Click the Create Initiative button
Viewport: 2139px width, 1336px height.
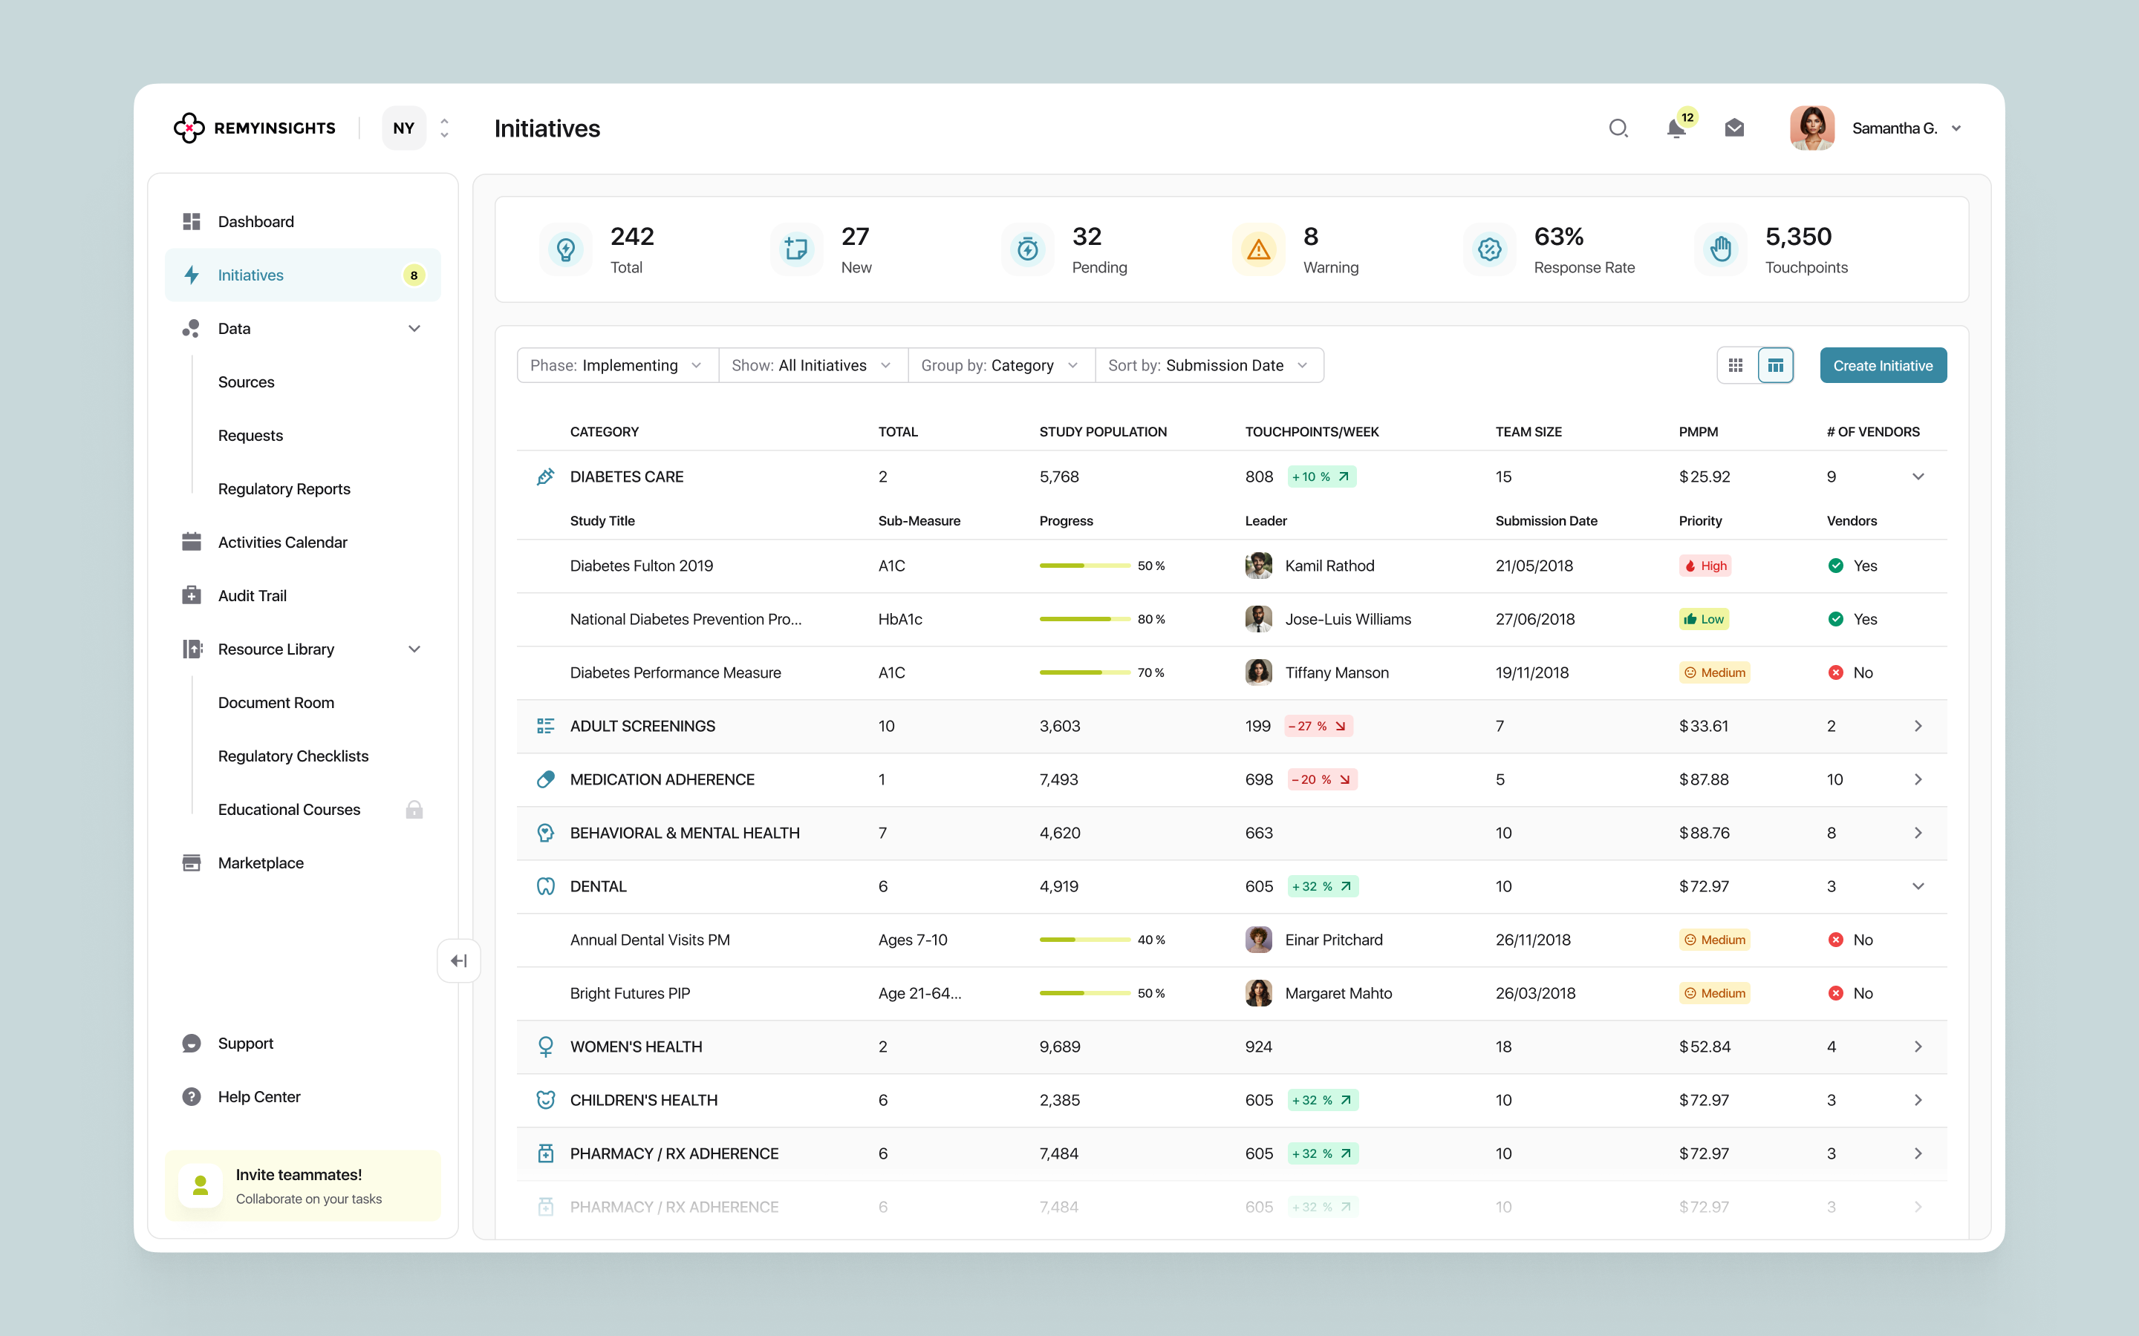point(1883,366)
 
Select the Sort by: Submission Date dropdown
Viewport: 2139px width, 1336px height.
point(1208,366)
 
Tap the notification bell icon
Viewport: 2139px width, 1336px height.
point(1676,129)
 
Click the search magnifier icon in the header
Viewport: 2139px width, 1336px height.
point(1618,129)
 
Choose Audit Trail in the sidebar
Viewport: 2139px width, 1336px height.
point(252,595)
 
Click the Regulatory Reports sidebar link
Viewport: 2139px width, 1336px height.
point(284,488)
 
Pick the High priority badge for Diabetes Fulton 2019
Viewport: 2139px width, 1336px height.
point(1705,566)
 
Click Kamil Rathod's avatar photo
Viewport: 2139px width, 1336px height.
point(1259,566)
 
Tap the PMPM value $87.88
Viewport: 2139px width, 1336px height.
point(1703,779)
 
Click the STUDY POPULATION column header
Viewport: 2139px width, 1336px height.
point(1102,432)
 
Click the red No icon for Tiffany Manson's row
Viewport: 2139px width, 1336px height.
point(1836,672)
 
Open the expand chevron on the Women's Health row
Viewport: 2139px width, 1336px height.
point(1918,1047)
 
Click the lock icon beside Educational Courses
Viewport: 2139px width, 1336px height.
point(414,809)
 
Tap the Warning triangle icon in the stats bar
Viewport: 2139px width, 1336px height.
point(1259,250)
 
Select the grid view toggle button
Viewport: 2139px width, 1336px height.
point(1736,366)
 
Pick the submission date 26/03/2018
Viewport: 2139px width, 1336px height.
point(1535,993)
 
